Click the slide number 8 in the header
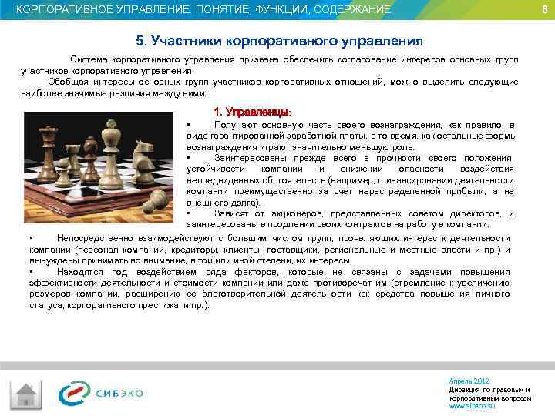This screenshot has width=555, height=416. pos(544,9)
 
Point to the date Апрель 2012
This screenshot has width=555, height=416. pos(469,381)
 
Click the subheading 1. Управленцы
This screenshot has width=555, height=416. pos(252,111)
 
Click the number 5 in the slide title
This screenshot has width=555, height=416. pos(140,39)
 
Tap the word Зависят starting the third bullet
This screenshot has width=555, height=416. pos(231,213)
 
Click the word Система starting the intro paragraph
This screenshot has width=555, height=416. pos(90,59)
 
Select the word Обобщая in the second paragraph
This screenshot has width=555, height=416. pos(67,82)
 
